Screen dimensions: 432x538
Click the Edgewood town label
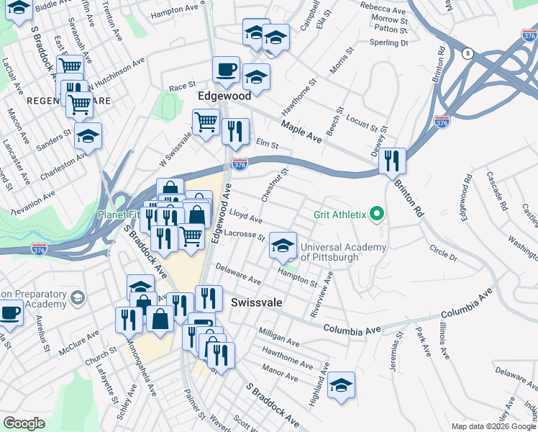pos(224,96)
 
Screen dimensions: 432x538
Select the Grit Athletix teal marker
pos(375,215)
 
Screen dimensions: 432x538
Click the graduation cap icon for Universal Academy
pos(283,246)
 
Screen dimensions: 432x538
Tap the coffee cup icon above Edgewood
pos(226,70)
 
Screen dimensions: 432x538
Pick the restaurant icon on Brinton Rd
pos(392,160)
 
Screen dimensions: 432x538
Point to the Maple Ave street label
pos(301,130)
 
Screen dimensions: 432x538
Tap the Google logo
pos(24,423)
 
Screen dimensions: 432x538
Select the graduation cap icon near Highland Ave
pos(341,384)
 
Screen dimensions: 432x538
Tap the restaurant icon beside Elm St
pos(235,131)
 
